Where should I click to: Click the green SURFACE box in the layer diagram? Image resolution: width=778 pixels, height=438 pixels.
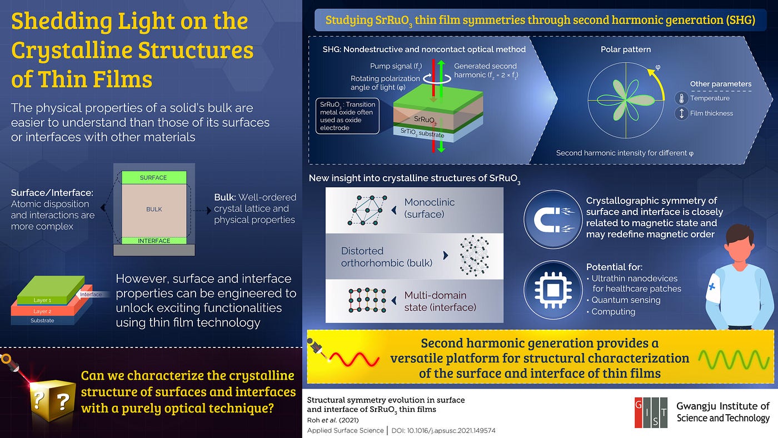tap(154, 177)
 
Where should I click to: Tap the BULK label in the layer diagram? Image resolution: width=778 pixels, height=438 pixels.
tap(154, 209)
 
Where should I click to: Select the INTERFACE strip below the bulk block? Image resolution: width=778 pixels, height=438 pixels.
tap(154, 241)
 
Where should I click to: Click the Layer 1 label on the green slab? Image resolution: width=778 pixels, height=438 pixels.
tap(42, 300)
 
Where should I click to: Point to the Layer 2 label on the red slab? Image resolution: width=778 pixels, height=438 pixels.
tap(42, 311)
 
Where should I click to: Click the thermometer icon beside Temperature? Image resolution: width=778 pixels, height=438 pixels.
tap(681, 98)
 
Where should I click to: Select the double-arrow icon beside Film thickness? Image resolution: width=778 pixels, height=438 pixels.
tap(681, 113)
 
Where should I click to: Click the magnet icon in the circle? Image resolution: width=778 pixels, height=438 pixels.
tap(553, 219)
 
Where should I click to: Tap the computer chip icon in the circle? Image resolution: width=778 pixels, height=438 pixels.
tap(553, 290)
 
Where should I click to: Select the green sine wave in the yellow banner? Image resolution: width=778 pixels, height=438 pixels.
tap(734, 360)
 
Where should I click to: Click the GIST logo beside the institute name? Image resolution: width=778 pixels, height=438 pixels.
tap(651, 412)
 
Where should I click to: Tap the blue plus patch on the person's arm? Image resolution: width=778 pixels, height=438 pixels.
tap(712, 287)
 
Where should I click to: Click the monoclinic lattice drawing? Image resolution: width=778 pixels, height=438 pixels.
tap(367, 210)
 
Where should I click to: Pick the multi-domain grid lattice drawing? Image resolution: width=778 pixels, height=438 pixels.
tap(367, 300)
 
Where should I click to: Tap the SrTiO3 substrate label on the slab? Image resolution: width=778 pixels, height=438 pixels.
tap(422, 133)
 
